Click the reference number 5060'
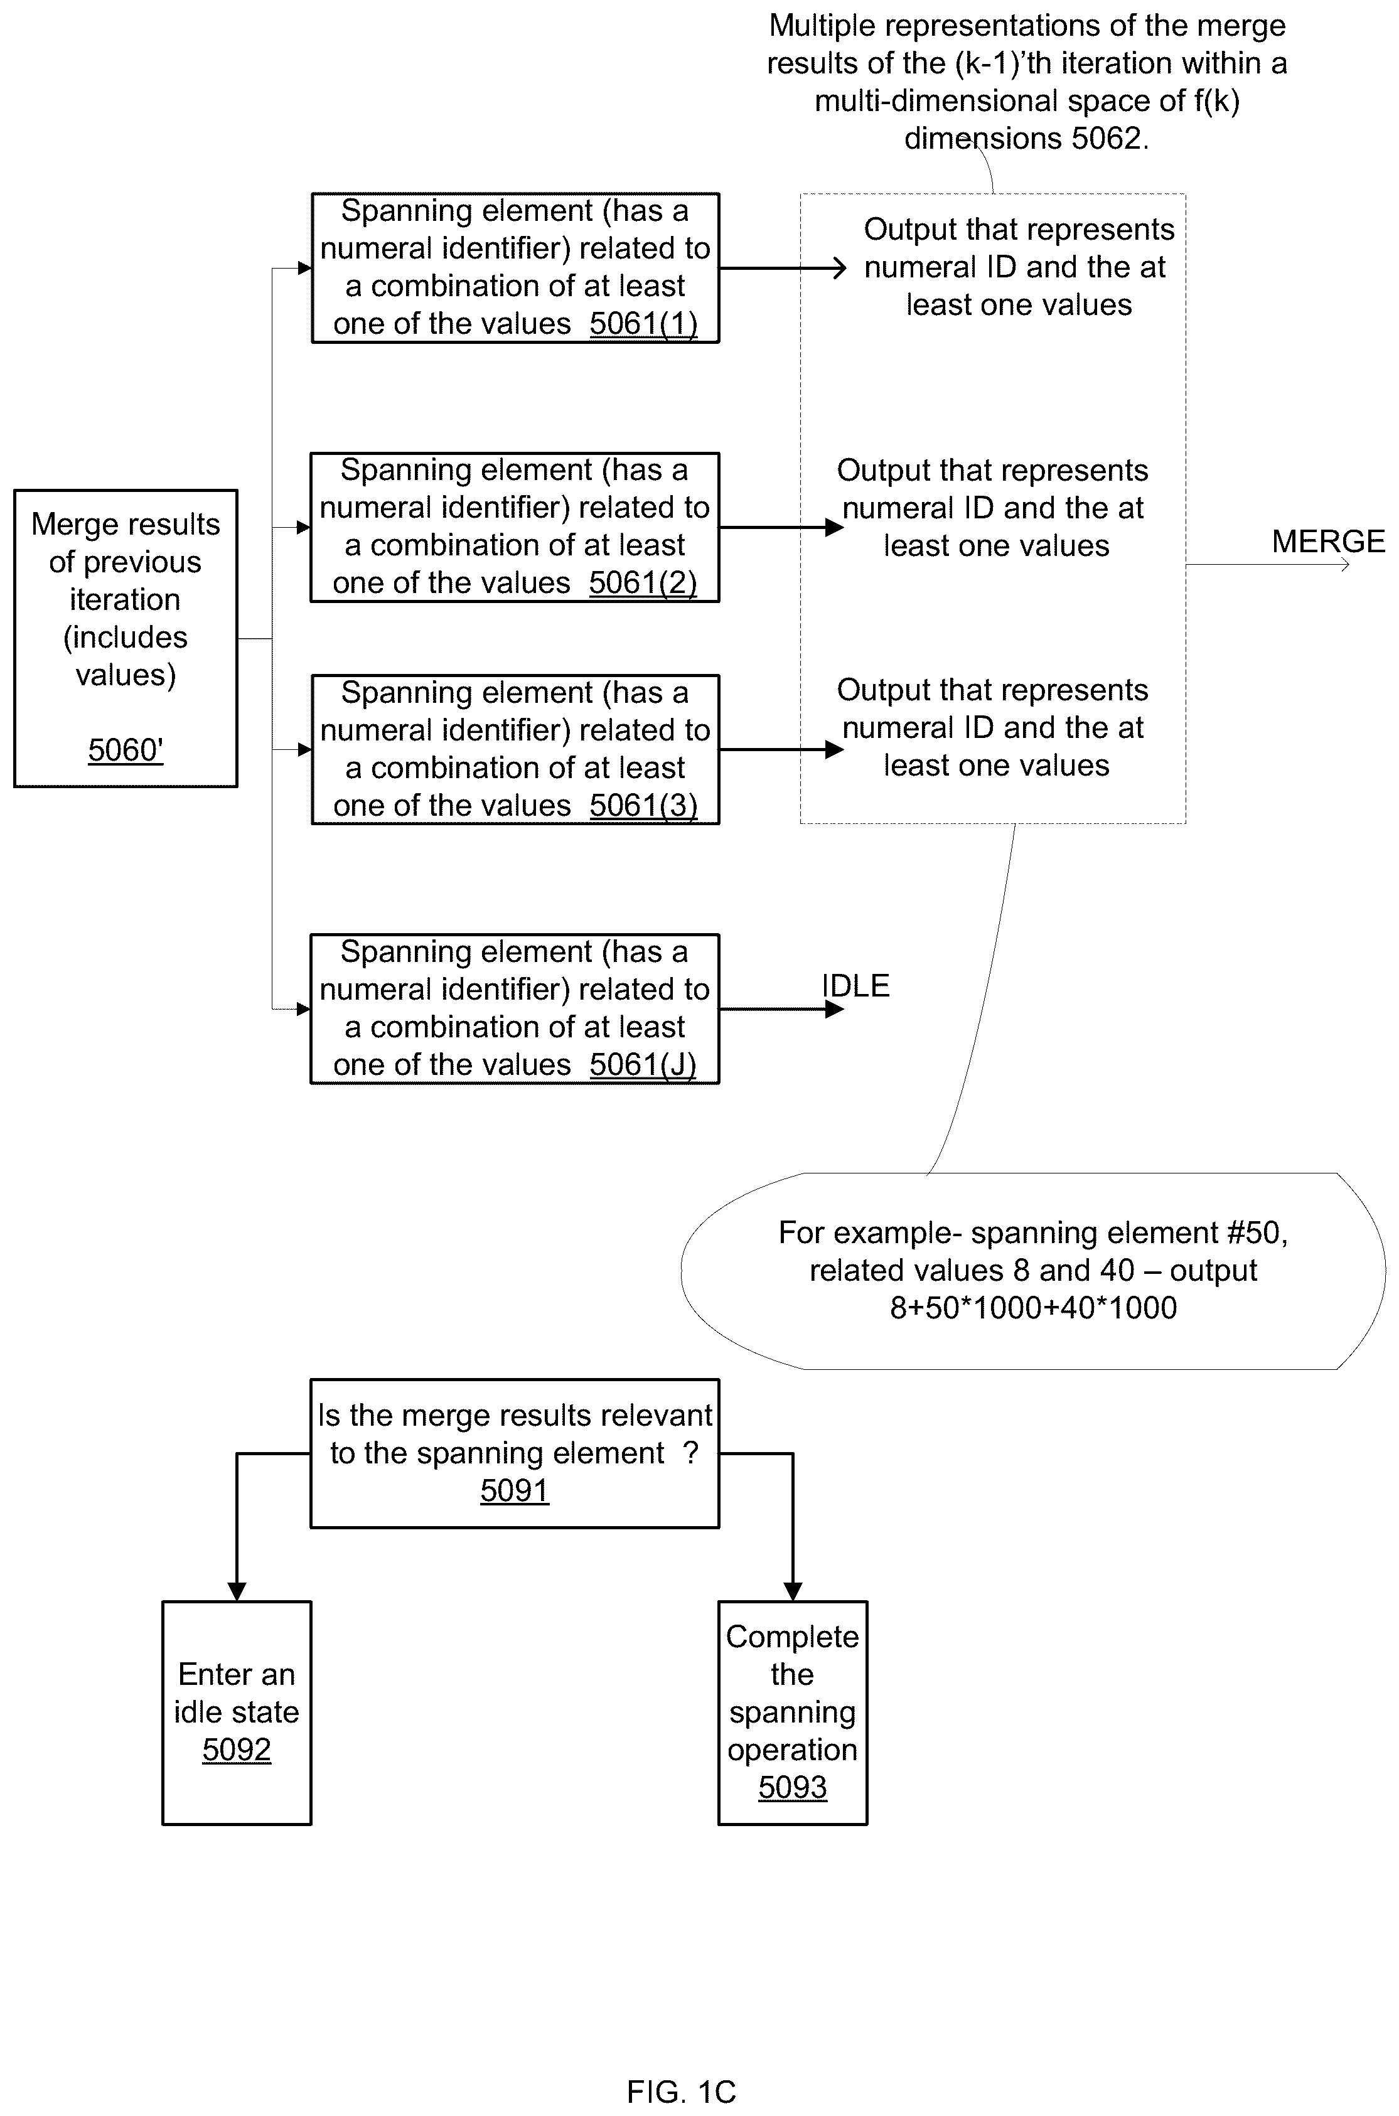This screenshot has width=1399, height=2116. (126, 751)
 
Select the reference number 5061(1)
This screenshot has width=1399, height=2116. (643, 324)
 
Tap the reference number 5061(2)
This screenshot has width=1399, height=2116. (643, 582)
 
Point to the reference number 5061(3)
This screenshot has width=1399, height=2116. (643, 806)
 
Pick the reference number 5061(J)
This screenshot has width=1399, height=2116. (643, 1064)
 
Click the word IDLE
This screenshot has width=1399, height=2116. (855, 986)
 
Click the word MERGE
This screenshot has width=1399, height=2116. (1329, 542)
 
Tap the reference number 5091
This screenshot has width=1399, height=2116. (515, 1490)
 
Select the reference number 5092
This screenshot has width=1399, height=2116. (237, 1750)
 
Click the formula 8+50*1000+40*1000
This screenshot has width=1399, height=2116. (1033, 1308)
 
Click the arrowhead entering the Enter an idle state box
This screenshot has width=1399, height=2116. (237, 1591)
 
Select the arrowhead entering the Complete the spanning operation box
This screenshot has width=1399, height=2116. (792, 1591)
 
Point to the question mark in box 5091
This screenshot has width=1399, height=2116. (690, 1453)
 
